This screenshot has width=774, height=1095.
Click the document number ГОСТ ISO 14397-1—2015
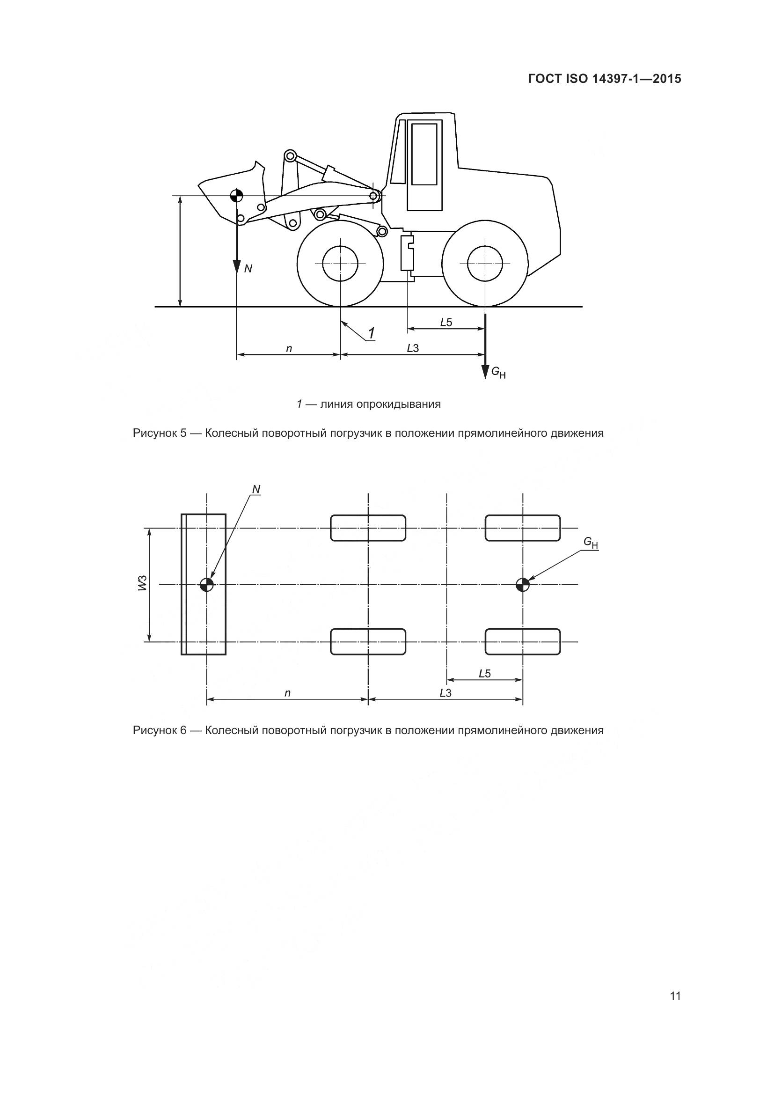pyautogui.click(x=604, y=79)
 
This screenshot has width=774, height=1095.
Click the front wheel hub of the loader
pyautogui.click(x=340, y=264)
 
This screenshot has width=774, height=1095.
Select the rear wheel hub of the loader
pyautogui.click(x=485, y=264)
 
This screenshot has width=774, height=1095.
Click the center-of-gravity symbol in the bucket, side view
pyautogui.click(x=236, y=196)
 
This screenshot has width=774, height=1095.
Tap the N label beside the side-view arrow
pyautogui.click(x=248, y=269)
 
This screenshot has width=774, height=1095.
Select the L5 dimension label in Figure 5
pyautogui.click(x=446, y=323)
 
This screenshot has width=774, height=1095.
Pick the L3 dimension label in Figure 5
pyautogui.click(x=413, y=349)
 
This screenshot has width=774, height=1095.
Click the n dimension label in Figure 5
pyautogui.click(x=289, y=349)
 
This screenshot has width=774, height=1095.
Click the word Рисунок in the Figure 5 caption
pyautogui.click(x=155, y=434)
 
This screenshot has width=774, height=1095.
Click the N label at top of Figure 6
pyautogui.click(x=256, y=489)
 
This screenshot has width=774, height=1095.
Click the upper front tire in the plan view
pyautogui.click(x=368, y=528)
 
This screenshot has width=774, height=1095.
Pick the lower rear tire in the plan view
pyautogui.click(x=523, y=641)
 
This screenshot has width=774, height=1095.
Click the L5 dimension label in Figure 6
pyautogui.click(x=485, y=673)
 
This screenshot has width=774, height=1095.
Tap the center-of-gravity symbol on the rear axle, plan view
pyautogui.click(x=523, y=584)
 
